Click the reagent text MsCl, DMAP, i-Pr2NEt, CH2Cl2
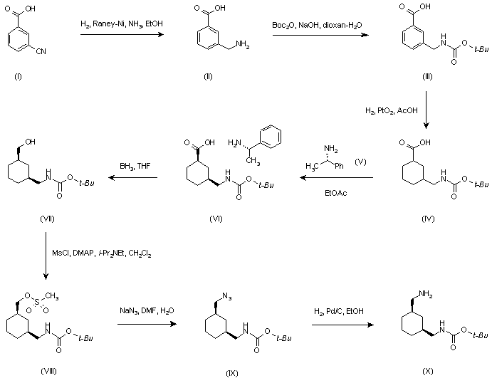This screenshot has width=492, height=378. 101,253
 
